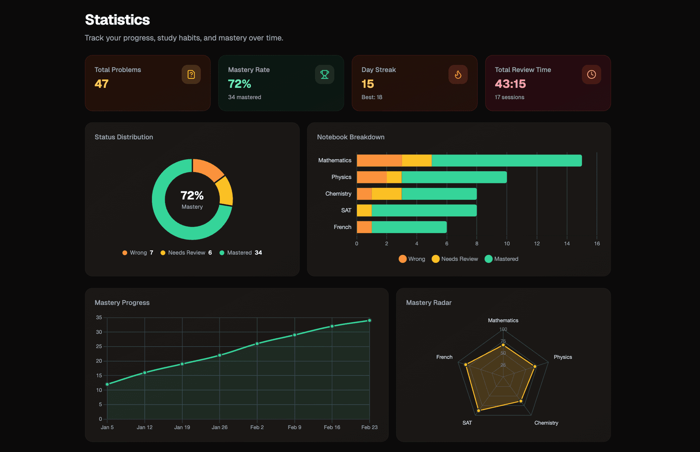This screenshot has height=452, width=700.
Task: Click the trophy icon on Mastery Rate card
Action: pyautogui.click(x=324, y=74)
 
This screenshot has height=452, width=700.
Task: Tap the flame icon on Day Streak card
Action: pyautogui.click(x=458, y=74)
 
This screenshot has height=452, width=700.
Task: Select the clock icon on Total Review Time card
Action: pyautogui.click(x=591, y=74)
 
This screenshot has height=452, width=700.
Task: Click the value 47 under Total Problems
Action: pyautogui.click(x=101, y=84)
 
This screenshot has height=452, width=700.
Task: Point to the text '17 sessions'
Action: pyautogui.click(x=509, y=97)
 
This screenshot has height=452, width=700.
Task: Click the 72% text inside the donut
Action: pyautogui.click(x=192, y=195)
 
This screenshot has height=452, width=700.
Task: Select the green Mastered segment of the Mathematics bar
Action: pyautogui.click(x=507, y=160)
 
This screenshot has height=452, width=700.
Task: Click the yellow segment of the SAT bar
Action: pyautogui.click(x=364, y=210)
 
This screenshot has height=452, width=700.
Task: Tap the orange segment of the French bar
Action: pyautogui.click(x=364, y=227)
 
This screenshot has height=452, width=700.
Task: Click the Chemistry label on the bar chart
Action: pyautogui.click(x=338, y=194)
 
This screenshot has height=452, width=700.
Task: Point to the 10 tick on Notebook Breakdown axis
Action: pyautogui.click(x=507, y=243)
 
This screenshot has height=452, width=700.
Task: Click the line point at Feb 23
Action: pyautogui.click(x=369, y=320)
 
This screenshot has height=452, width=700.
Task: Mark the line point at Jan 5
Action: pyautogui.click(x=107, y=384)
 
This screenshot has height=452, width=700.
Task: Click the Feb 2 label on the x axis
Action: pyautogui.click(x=257, y=427)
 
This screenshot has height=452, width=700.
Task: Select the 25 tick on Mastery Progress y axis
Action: pyautogui.click(x=99, y=346)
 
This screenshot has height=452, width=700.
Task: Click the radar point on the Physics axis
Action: pyautogui.click(x=535, y=366)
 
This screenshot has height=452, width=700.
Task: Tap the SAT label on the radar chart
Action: pyautogui.click(x=467, y=423)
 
